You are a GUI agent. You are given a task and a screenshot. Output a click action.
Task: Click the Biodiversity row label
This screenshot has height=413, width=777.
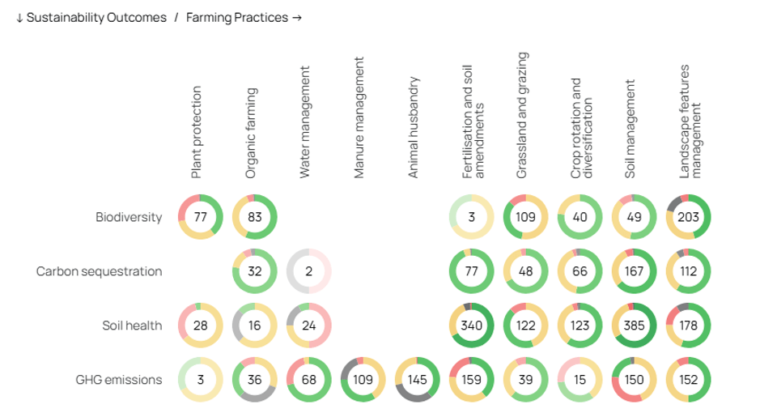(129, 217)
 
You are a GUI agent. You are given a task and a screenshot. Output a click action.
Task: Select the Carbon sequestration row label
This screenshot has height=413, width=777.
(99, 271)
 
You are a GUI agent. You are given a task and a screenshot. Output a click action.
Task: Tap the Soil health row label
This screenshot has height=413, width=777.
(132, 326)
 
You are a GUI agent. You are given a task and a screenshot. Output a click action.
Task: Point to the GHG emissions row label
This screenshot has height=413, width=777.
(119, 379)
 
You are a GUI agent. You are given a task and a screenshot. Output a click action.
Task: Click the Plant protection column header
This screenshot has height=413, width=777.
(197, 132)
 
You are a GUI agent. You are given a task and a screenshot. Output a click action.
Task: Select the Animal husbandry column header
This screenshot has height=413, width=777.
(414, 128)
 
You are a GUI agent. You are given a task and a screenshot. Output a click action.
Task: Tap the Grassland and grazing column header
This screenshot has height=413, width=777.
(522, 116)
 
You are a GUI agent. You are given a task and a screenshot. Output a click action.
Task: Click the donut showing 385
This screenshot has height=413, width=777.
(635, 326)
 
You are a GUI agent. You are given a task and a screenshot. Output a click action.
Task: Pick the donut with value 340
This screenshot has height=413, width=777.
(471, 326)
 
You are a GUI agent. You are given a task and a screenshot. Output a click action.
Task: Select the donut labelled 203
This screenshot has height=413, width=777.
(688, 217)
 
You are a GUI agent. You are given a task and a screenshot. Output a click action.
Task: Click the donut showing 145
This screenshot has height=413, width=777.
(417, 379)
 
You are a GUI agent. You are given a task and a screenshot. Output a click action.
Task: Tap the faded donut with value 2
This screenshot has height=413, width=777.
(308, 271)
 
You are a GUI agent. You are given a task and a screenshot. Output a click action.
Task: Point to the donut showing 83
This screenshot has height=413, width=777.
(254, 217)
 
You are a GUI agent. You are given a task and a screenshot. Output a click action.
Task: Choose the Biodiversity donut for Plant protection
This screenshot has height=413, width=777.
(200, 217)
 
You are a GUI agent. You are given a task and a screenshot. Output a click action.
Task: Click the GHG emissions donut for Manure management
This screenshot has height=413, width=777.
(363, 379)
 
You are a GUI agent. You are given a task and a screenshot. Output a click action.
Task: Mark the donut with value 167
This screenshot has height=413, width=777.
(635, 271)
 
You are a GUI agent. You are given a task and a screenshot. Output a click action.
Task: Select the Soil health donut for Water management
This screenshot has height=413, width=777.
(308, 326)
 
